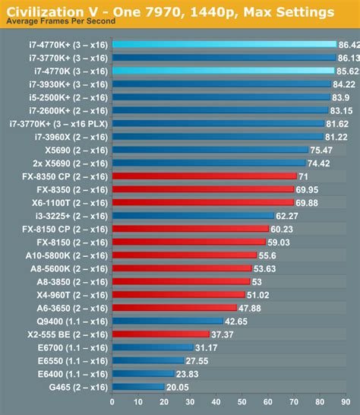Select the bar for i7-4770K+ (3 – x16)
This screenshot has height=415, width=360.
tap(223, 44)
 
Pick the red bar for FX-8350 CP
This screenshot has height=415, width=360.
tap(204, 176)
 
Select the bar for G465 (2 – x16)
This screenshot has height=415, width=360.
tap(137, 386)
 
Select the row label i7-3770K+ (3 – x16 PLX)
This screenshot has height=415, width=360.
tap(59, 123)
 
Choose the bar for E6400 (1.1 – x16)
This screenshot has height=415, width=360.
tap(142, 373)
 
